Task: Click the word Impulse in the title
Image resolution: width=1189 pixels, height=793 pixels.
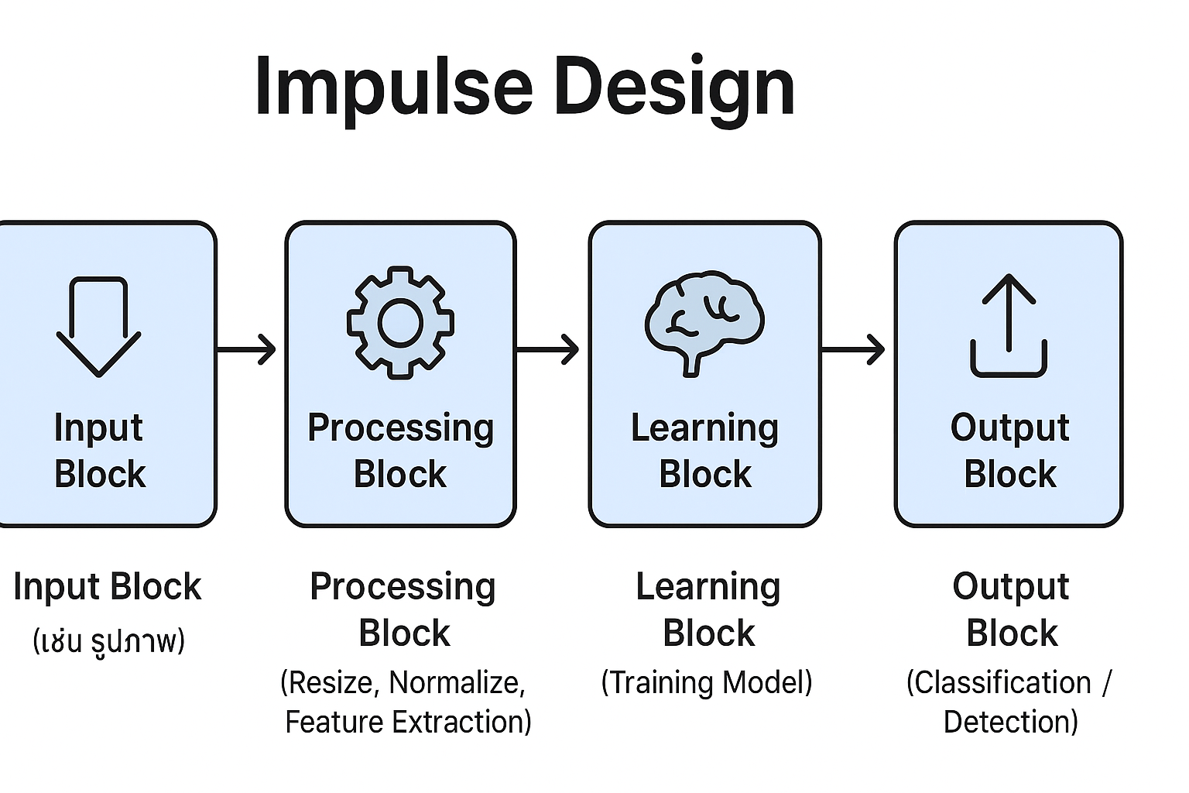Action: point(393,87)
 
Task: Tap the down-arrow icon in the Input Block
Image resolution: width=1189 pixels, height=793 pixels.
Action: point(98,326)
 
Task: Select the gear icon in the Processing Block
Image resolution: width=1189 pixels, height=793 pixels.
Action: point(400,322)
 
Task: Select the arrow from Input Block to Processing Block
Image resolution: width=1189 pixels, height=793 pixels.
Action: point(246,349)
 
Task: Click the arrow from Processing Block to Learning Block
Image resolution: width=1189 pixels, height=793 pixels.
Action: point(548,349)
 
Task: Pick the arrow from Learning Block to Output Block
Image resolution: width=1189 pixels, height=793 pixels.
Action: point(853,349)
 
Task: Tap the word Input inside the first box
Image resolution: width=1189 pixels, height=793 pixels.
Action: point(98,427)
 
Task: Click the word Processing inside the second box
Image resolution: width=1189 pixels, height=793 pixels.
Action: point(400,428)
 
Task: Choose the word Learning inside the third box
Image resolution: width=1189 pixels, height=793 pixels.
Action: point(704,427)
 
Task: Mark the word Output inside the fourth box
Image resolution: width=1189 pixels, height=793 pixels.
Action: point(1009,427)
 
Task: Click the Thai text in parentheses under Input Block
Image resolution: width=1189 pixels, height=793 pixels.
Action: point(108,641)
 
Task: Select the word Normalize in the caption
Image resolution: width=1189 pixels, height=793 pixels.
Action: point(457,682)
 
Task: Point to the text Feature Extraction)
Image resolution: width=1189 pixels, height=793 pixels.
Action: point(408,722)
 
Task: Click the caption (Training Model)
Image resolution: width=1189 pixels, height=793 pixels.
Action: point(707,682)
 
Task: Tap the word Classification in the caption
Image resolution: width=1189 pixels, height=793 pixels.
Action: point(999,682)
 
